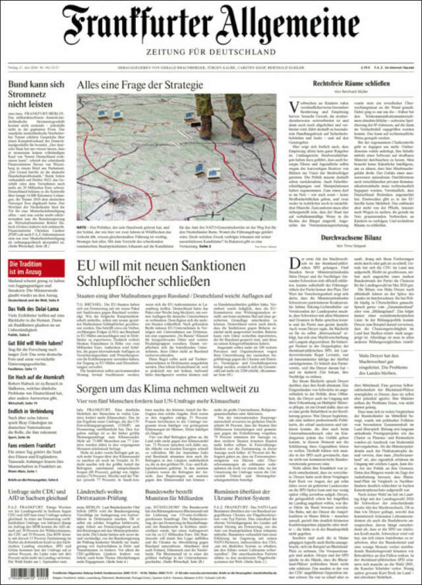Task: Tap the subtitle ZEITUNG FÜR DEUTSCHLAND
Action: click(211, 51)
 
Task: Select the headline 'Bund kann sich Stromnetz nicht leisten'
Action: click(36, 95)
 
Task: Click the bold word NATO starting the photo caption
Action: click(83, 226)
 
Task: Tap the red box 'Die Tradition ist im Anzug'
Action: click(37, 268)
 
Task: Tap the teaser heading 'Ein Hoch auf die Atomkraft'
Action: click(37, 376)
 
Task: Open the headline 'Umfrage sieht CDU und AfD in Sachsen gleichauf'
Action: click(36, 495)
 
